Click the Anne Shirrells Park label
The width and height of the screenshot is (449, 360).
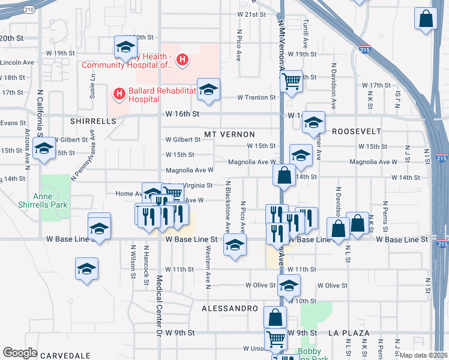[50, 199]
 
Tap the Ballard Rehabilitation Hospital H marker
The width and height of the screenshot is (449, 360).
[119, 94]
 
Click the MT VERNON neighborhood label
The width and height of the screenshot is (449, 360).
[229, 134]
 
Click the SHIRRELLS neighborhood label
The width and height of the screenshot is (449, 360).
[92, 121]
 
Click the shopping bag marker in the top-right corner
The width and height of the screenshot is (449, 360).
[426, 19]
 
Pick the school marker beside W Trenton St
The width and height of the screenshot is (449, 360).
[208, 90]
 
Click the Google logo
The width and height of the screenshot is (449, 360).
[20, 353]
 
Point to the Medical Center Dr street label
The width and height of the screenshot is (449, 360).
[159, 307]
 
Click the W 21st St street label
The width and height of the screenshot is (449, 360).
[251, 14]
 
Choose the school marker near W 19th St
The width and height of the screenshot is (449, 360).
[125, 47]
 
